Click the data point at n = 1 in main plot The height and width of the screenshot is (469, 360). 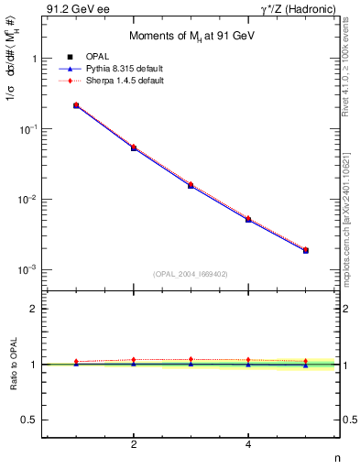(76, 106)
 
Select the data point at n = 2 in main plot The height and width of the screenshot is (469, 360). (134, 147)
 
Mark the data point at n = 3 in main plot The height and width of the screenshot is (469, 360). (191, 185)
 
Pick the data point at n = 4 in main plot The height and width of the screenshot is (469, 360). (248, 220)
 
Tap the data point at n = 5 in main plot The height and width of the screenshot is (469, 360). (306, 250)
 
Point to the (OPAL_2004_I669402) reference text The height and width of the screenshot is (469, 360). (191, 273)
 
